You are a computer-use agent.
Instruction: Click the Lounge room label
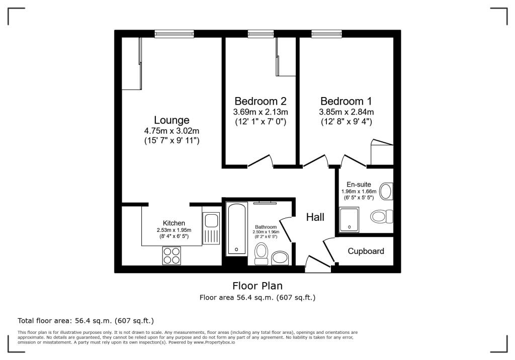(x=171, y=120)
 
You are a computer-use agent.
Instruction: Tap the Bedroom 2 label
(x=260, y=101)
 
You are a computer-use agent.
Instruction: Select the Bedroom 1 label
(x=346, y=101)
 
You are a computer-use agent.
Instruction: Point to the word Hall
(x=315, y=217)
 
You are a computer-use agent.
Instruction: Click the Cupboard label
(x=366, y=251)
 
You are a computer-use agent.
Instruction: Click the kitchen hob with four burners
(x=171, y=256)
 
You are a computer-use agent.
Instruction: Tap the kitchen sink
(x=210, y=221)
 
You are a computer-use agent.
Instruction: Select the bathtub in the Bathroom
(x=235, y=229)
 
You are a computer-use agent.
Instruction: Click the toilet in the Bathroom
(x=261, y=253)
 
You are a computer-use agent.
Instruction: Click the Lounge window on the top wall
(x=174, y=34)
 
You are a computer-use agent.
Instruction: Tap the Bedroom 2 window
(x=261, y=34)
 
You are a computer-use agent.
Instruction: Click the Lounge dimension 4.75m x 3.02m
(x=171, y=131)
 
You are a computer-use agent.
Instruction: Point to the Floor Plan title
(x=257, y=286)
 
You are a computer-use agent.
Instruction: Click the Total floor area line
(x=85, y=320)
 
